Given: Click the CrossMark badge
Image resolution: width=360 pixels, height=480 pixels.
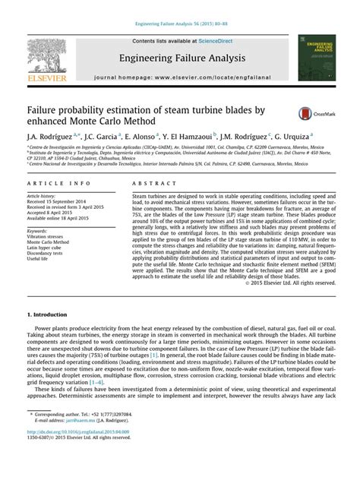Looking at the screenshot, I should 313,113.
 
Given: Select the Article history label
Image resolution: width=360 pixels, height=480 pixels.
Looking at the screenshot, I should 43,196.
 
